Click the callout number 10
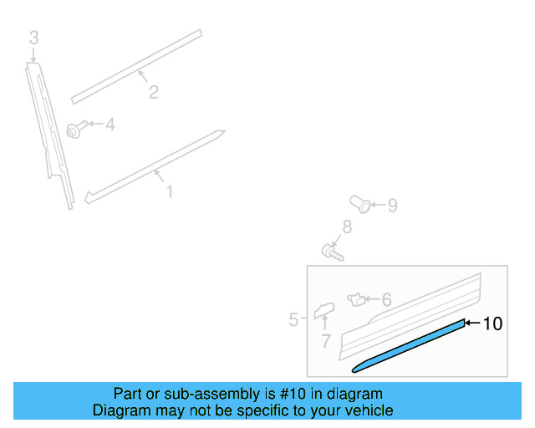coord(493,324)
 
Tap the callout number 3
coord(33,38)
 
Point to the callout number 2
coord(154,92)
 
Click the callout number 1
coord(169,192)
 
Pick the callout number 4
coord(110,125)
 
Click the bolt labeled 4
coord(75,130)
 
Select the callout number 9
coord(392,205)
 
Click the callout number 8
coord(346,227)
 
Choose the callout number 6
coord(386,299)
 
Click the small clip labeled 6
coord(356,297)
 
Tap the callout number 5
coord(293,319)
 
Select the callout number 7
coord(326,341)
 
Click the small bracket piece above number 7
coord(323,312)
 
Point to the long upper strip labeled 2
coord(138,66)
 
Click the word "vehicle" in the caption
coord(366,410)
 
